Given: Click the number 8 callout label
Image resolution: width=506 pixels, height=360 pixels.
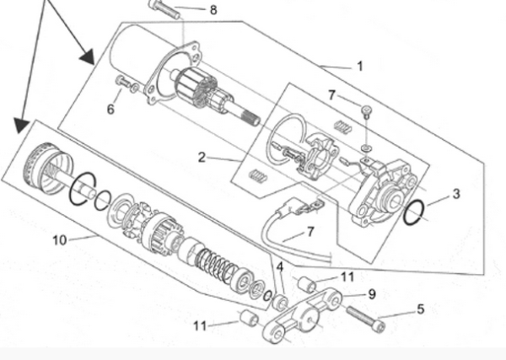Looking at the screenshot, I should [x=213, y=10].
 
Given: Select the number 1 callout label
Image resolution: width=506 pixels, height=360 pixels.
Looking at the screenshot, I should [x=360, y=66].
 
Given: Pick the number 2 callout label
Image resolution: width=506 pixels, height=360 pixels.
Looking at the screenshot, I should [x=202, y=157].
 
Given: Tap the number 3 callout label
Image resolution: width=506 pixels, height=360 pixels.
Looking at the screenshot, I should [x=456, y=194].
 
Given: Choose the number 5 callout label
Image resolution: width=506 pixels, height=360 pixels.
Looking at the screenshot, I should [x=421, y=309].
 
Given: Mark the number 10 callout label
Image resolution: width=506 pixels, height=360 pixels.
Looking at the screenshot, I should [x=59, y=240].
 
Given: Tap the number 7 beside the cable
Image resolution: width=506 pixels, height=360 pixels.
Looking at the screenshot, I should [x=310, y=230].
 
